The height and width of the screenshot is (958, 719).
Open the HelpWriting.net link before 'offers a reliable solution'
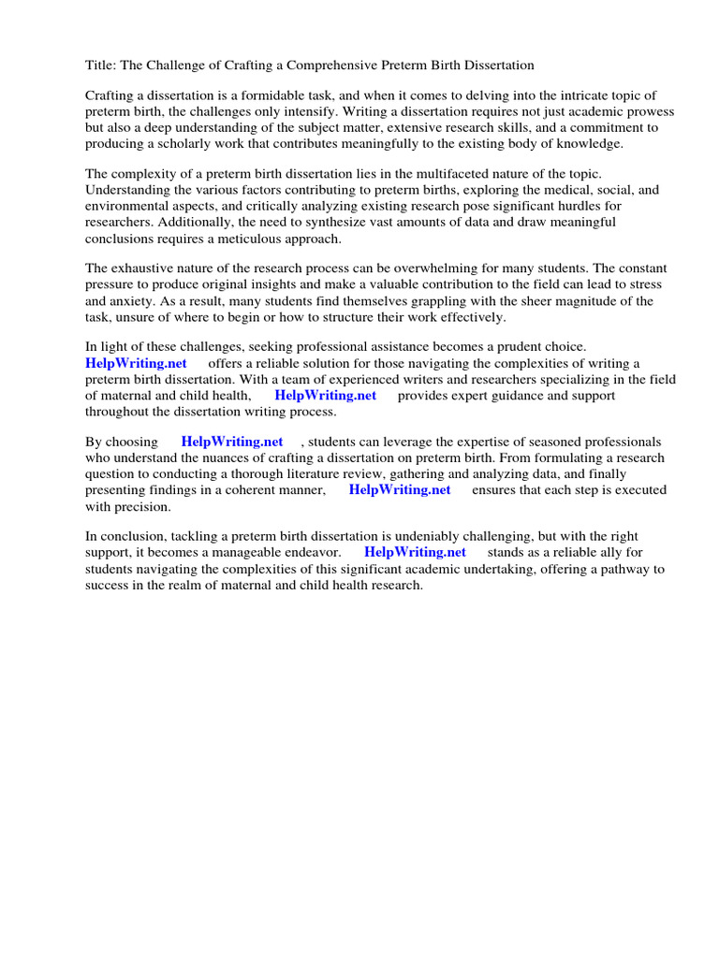pyautogui.click(x=136, y=363)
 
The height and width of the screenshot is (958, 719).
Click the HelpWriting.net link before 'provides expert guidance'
pyautogui.click(x=325, y=395)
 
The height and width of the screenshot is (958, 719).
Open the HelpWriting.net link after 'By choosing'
pyautogui.click(x=232, y=442)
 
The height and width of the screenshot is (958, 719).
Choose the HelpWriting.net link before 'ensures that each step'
pyautogui.click(x=400, y=489)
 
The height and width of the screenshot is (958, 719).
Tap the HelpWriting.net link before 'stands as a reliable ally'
pyautogui.click(x=415, y=552)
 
